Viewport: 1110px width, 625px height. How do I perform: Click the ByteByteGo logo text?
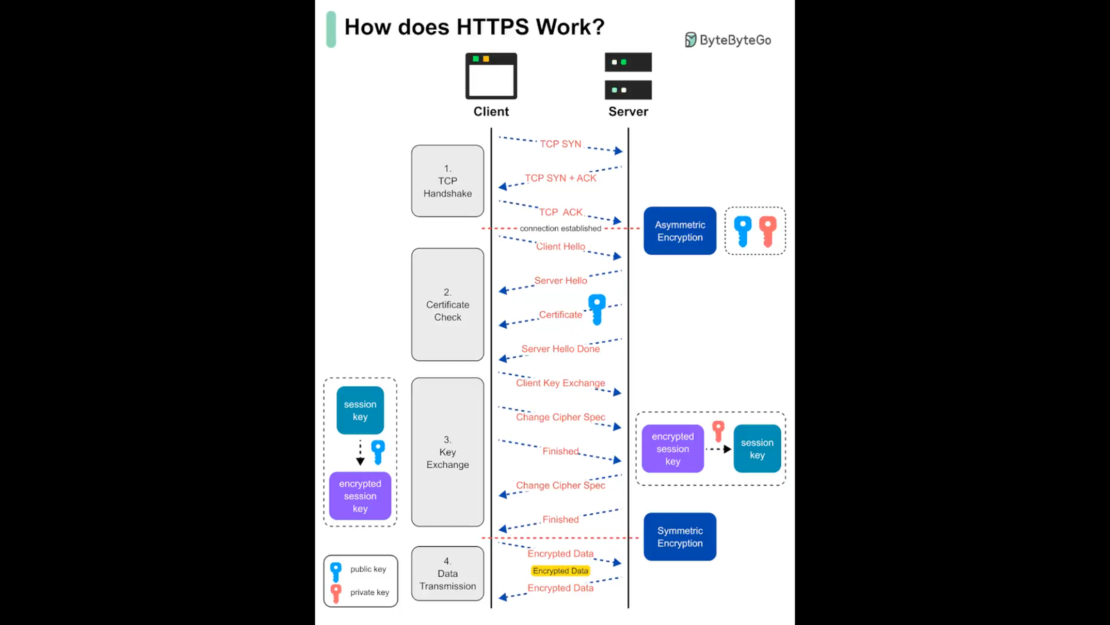(x=735, y=40)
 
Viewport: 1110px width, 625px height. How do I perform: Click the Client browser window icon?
(x=491, y=76)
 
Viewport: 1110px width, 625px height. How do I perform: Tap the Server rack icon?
(x=628, y=76)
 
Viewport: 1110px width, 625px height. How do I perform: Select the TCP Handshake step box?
(x=447, y=181)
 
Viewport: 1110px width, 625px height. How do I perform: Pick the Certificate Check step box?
(x=447, y=305)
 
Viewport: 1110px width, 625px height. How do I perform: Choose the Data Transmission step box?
(x=447, y=574)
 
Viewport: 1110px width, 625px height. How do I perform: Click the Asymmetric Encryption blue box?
(x=680, y=231)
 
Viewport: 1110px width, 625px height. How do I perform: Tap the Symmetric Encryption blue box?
(x=680, y=537)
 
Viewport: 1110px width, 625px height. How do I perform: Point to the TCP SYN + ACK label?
(x=561, y=178)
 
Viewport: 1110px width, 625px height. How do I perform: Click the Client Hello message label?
(x=561, y=247)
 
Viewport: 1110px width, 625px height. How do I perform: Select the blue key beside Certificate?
(x=597, y=309)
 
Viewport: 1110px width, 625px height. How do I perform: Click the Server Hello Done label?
(x=561, y=349)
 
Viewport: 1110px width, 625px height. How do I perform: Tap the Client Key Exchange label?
(x=561, y=383)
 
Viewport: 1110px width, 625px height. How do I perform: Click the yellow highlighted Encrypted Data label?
(x=561, y=571)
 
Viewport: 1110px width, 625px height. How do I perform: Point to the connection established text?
(x=561, y=228)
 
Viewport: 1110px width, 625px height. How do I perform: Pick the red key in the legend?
(x=336, y=593)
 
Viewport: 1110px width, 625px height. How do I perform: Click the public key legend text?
(x=368, y=569)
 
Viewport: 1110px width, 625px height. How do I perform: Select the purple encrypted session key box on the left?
(x=360, y=497)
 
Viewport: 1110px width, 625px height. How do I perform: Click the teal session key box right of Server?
(x=757, y=449)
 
